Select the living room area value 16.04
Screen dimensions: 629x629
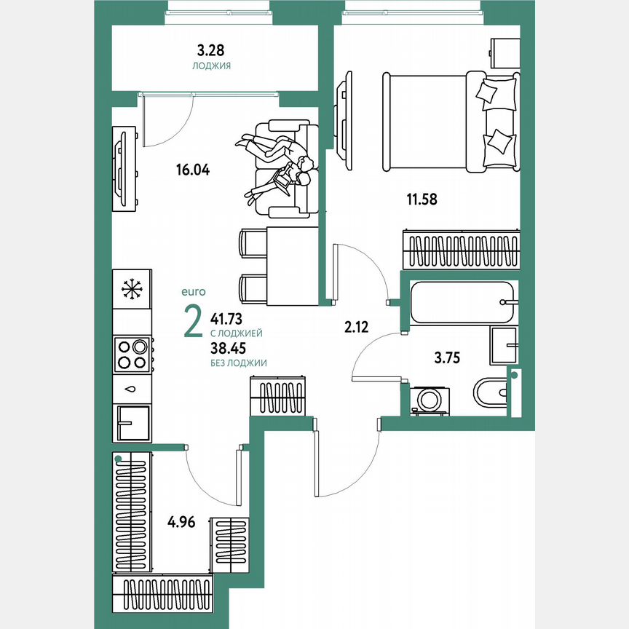(192, 170)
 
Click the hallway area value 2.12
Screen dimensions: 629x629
(356, 326)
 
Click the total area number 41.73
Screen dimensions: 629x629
(226, 318)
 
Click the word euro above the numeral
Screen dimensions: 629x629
(194, 291)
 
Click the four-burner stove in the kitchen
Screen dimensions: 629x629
(132, 355)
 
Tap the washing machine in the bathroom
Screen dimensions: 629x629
(430, 400)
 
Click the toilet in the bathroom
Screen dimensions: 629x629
(489, 393)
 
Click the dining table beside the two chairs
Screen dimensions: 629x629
(292, 266)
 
